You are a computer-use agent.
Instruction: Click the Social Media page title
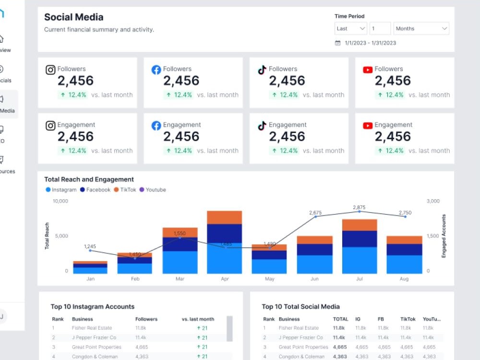coord(73,17)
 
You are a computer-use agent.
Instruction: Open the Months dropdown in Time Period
coord(421,29)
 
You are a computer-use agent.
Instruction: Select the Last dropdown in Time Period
coord(350,29)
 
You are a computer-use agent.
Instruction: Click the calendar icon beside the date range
coord(337,43)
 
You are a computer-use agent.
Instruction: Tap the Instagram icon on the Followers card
coord(50,70)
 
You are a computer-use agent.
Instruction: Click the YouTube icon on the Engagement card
coord(368,126)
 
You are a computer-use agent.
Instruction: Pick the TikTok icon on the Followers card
coord(262,70)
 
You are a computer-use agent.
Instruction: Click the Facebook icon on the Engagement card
coord(156,126)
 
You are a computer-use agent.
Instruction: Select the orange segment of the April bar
coord(224,217)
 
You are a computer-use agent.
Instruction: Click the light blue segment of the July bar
coord(360,260)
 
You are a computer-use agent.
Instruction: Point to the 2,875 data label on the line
coord(359,207)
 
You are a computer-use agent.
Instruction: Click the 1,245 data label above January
coord(90,246)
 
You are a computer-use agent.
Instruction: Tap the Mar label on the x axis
coord(180,279)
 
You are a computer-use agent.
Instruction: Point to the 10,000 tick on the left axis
coord(60,201)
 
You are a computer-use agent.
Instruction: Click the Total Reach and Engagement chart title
coord(89,180)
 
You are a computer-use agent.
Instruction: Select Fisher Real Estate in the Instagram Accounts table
coord(92,328)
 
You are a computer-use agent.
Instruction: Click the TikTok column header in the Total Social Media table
coord(408,319)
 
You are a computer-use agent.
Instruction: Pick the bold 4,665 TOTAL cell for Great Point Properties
coord(340,347)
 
